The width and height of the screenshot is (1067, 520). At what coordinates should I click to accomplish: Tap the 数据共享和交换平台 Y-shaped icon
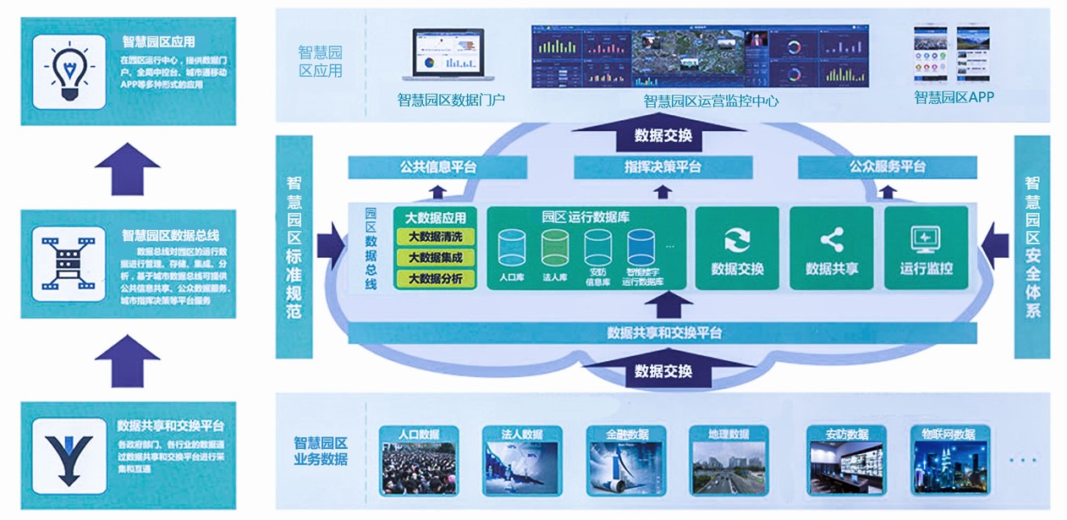(x=69, y=456)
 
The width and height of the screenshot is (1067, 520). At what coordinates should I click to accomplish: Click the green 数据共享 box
(x=832, y=248)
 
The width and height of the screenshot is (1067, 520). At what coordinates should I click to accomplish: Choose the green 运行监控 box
(x=926, y=248)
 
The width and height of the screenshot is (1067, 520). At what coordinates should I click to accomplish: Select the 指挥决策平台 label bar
(x=663, y=167)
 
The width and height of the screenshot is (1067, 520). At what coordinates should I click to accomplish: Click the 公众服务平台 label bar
(x=888, y=167)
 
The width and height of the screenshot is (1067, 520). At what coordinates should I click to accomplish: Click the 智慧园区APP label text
(x=954, y=97)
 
